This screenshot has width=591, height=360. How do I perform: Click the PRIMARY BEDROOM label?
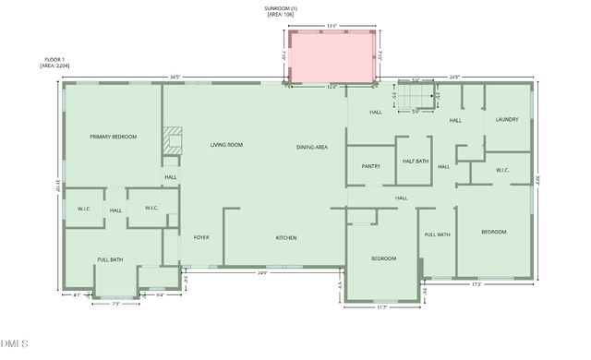click(x=113, y=137)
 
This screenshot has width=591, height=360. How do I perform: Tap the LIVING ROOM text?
click(x=226, y=145)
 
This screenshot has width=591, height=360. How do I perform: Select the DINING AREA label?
click(x=312, y=148)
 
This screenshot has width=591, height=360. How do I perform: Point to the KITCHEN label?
click(x=286, y=238)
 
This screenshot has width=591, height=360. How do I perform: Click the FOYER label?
click(x=201, y=238)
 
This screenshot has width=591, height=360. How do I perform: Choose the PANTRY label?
click(x=371, y=167)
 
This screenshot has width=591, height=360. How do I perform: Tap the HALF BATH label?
click(x=416, y=162)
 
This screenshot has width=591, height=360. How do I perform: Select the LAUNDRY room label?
click(x=507, y=119)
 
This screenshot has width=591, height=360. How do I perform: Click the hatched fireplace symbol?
click(x=172, y=140)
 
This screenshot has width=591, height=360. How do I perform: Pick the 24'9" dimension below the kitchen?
click(x=262, y=273)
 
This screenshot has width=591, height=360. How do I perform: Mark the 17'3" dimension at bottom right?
click(x=476, y=284)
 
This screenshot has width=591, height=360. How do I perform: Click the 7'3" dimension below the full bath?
click(x=117, y=303)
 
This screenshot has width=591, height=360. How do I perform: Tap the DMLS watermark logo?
click(x=16, y=344)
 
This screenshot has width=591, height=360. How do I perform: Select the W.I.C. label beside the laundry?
click(x=502, y=170)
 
